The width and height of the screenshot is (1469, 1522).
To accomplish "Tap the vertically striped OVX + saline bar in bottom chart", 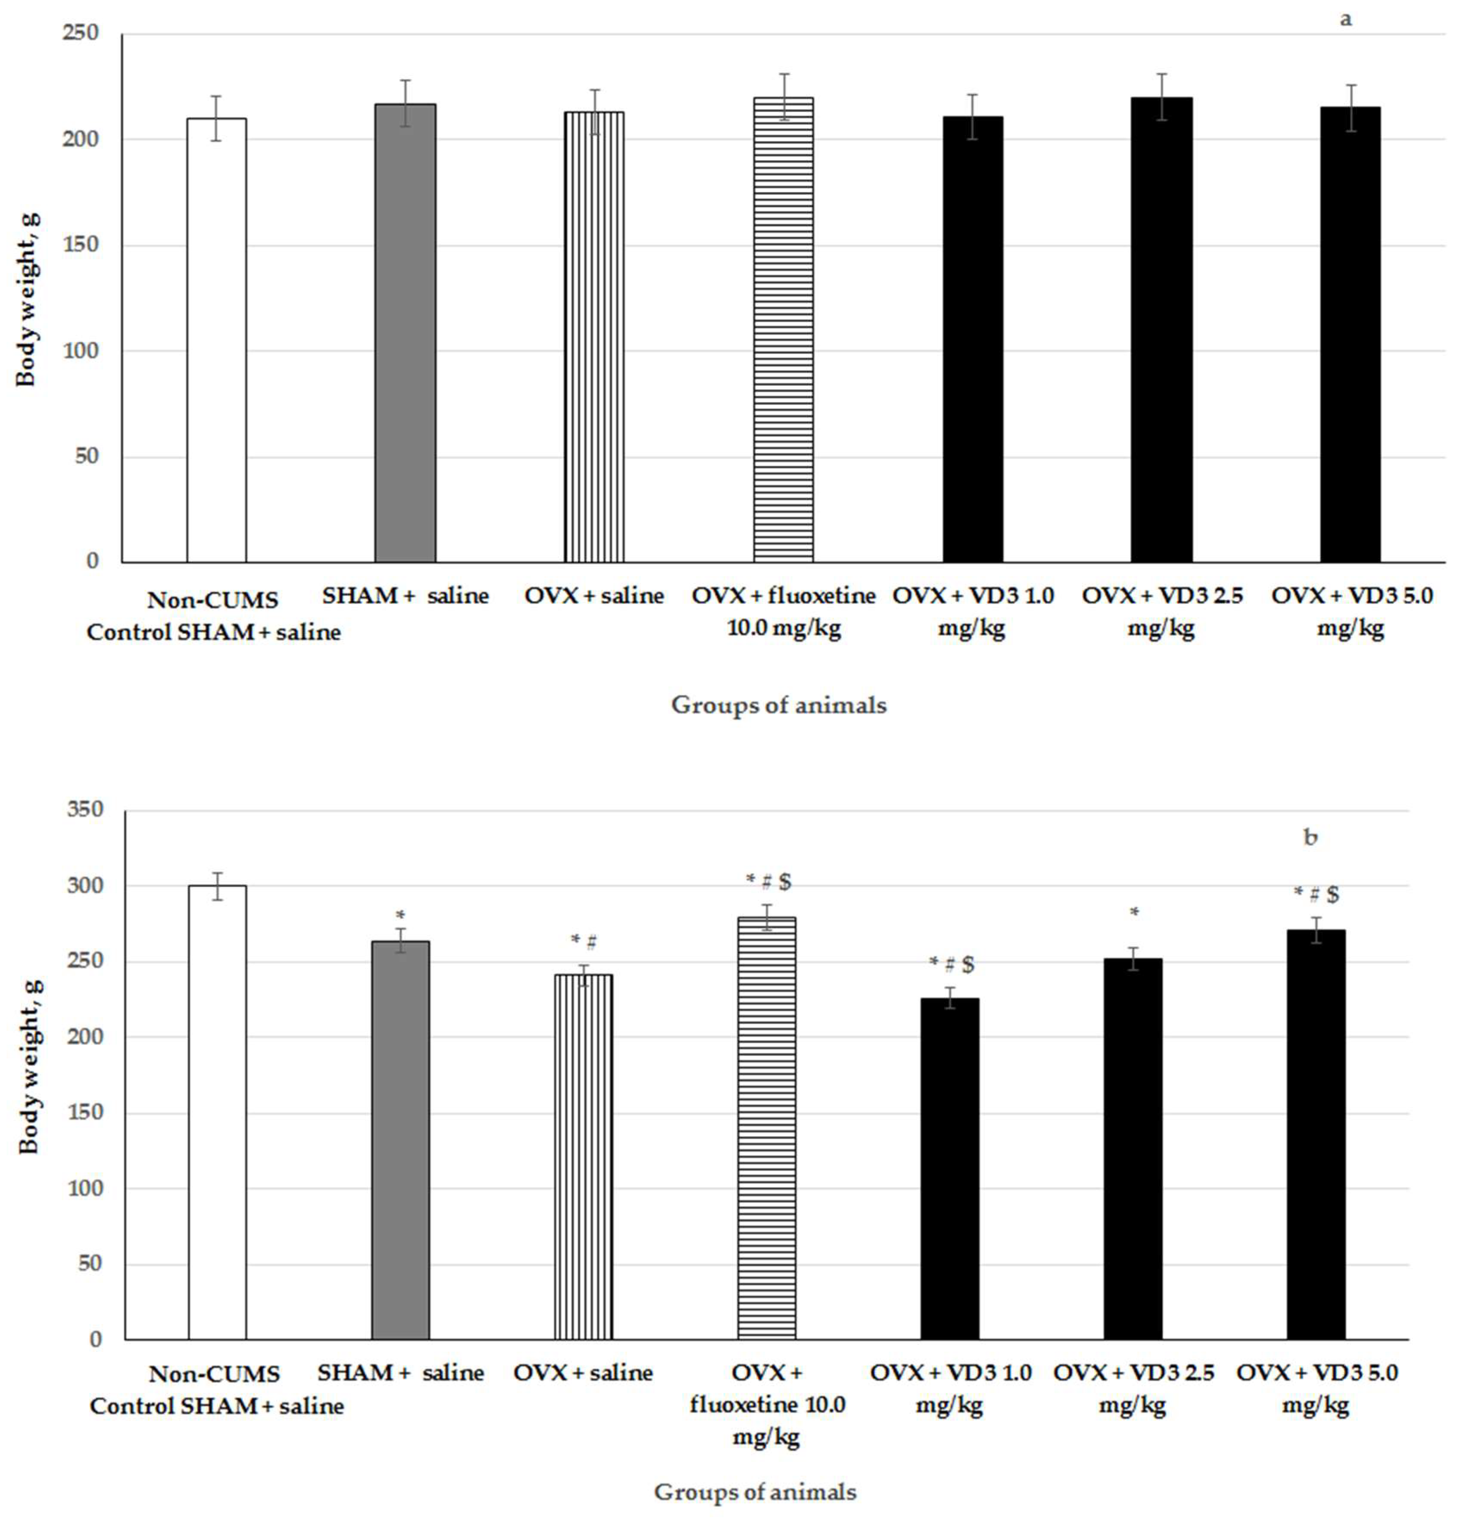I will click(x=583, y=1156).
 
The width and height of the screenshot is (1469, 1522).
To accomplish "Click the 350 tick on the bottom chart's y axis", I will click(x=85, y=810).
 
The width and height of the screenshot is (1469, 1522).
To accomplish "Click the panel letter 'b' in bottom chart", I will click(x=1310, y=837).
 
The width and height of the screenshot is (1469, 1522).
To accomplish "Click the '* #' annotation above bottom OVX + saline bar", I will click(x=583, y=942).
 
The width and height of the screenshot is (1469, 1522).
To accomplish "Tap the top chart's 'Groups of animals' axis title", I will click(x=778, y=704).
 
